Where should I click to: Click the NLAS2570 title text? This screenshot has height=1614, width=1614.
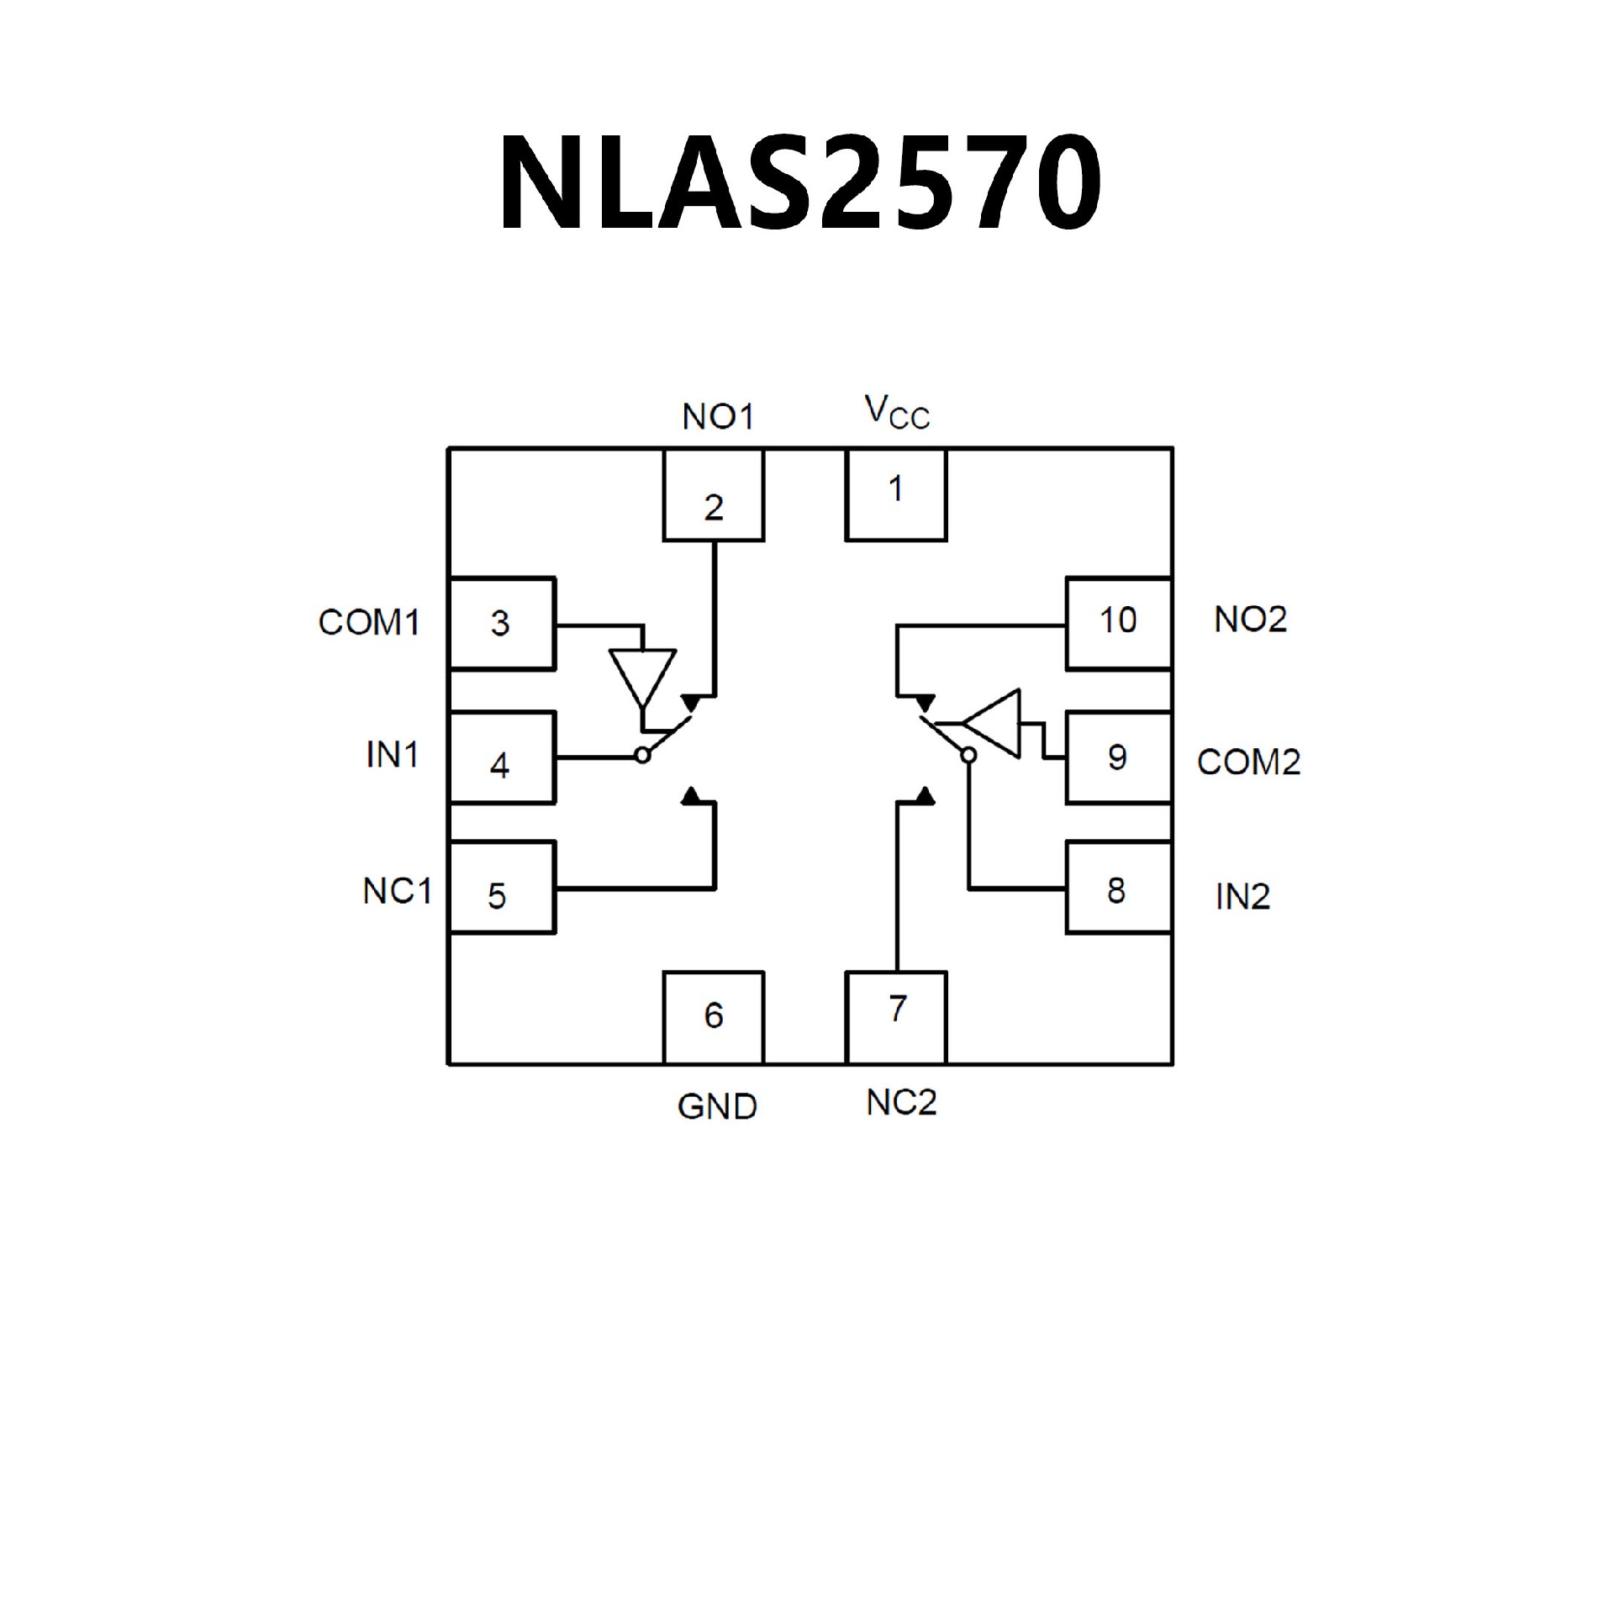799,182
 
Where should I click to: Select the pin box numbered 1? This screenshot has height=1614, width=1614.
895,494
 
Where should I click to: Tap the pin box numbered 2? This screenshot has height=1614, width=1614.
713,494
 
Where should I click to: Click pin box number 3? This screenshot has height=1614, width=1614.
502,623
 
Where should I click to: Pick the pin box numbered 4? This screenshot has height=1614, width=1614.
502,757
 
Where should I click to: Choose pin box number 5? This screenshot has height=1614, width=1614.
502,887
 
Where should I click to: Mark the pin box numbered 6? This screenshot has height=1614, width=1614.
713,1017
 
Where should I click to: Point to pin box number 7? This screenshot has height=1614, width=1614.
895,1017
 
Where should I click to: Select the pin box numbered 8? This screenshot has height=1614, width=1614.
1118,887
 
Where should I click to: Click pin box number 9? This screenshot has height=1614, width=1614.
1118,757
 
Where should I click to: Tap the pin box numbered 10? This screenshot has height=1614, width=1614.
1118,623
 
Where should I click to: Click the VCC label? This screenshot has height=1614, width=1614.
897,413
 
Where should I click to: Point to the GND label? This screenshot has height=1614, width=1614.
717,1107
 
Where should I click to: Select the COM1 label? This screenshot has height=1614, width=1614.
368,623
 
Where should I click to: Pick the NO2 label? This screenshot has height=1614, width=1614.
1250,620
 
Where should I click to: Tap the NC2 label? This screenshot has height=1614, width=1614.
901,1102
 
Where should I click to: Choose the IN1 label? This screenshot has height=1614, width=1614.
392,756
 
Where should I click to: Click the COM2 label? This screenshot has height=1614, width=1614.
1248,762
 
